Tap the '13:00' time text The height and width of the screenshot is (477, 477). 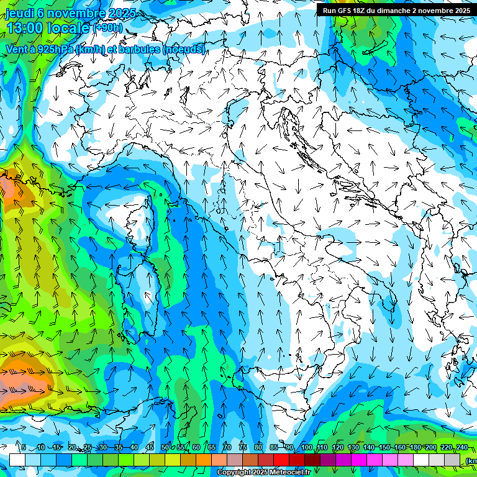[25, 28]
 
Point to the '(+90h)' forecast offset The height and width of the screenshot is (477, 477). [107, 28]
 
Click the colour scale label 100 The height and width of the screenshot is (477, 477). [307, 447]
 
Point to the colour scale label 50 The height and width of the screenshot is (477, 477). [165, 447]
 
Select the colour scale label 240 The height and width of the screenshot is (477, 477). [461, 447]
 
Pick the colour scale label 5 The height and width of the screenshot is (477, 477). [24, 447]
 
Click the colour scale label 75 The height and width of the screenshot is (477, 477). [242, 447]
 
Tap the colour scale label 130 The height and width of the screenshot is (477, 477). [353, 447]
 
